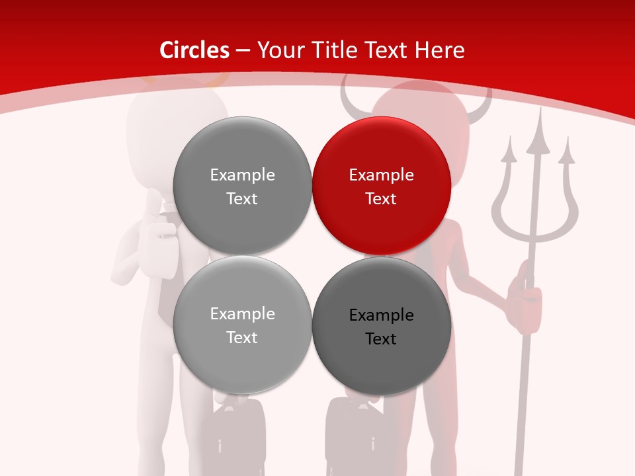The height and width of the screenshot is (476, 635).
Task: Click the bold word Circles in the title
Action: (194, 50)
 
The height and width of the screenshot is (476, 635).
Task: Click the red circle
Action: (382, 186)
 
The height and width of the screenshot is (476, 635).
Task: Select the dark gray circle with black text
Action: (382, 326)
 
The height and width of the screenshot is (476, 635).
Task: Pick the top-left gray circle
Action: (242, 186)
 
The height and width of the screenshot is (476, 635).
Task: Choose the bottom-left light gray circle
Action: (242, 325)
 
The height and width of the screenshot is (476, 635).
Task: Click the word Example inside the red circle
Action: (382, 175)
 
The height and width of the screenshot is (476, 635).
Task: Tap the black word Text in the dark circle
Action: (381, 338)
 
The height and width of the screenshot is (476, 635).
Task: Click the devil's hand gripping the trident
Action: (526, 301)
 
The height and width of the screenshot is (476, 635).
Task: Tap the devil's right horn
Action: (486, 99)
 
